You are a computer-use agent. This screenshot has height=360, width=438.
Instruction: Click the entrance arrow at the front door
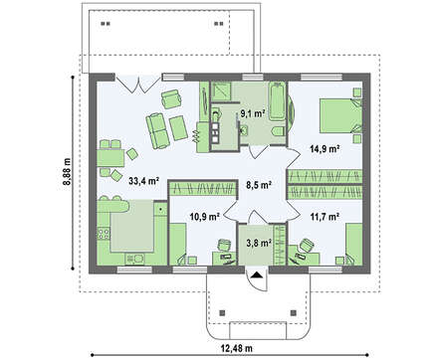click(x=256, y=275)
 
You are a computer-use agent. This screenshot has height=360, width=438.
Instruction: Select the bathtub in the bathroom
click(x=281, y=103)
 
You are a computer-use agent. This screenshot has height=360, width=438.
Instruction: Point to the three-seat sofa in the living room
click(x=157, y=127)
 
